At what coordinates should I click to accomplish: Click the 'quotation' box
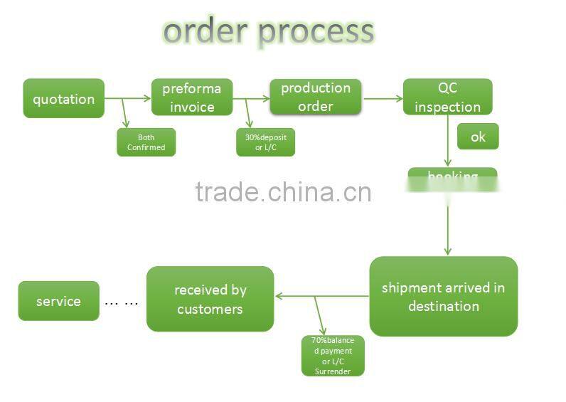(63, 98)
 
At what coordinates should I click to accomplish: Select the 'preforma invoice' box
(192, 97)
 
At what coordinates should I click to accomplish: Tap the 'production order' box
(315, 97)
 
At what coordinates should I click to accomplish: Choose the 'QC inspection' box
(447, 97)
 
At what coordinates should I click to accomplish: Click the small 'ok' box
(477, 136)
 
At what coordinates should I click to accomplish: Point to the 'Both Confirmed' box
(146, 142)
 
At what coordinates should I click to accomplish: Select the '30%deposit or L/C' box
(265, 142)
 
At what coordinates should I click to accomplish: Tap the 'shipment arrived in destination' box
(443, 297)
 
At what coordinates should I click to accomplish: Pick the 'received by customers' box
(210, 299)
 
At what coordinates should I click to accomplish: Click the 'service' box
(58, 301)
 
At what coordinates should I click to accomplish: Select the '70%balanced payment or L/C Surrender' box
(333, 356)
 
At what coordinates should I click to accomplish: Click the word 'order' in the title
(205, 31)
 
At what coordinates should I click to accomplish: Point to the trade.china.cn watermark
(283, 192)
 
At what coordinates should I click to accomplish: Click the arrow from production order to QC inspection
(383, 99)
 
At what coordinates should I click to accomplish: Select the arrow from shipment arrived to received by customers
(321, 296)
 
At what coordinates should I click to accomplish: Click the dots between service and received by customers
(122, 302)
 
